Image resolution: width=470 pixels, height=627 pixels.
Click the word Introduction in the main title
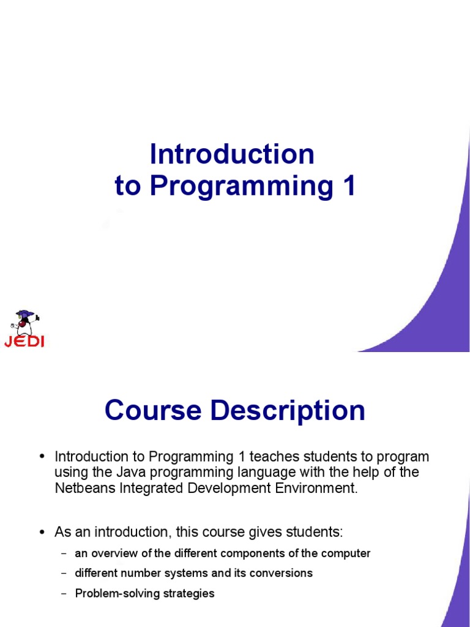click(x=232, y=154)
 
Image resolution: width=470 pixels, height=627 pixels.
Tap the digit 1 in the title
click(x=348, y=187)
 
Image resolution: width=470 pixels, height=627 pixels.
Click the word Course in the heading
click(x=153, y=410)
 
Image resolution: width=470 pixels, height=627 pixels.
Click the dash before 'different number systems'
click(x=64, y=574)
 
